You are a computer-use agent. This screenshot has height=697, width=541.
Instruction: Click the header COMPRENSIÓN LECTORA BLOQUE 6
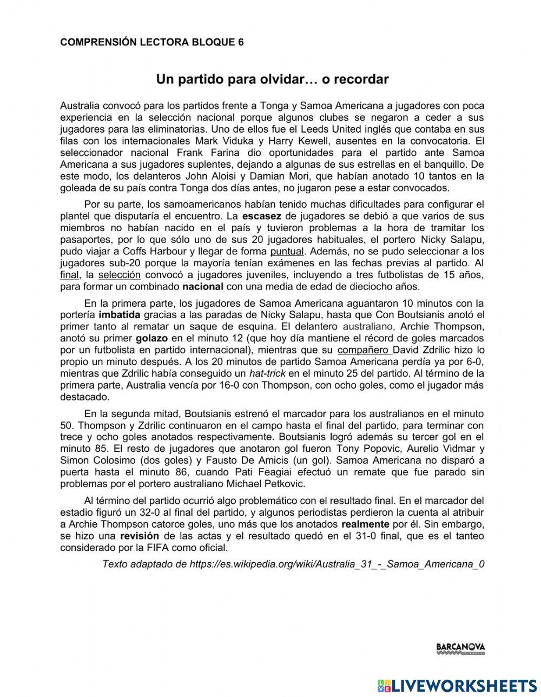click(x=151, y=42)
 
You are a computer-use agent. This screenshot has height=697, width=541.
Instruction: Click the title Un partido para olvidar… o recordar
click(x=272, y=80)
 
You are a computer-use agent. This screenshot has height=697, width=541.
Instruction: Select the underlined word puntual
click(x=287, y=252)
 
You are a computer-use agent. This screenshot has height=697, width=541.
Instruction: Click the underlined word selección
click(x=119, y=275)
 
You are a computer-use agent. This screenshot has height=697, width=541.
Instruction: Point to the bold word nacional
click(x=203, y=287)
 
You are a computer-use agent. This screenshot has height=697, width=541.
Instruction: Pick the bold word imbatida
click(x=120, y=315)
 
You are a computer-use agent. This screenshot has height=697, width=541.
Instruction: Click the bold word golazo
click(x=151, y=338)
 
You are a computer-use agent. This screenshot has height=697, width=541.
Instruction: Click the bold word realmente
click(x=365, y=524)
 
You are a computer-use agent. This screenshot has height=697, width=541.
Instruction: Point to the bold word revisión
click(x=140, y=536)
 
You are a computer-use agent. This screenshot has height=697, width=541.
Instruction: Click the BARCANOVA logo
click(x=460, y=648)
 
